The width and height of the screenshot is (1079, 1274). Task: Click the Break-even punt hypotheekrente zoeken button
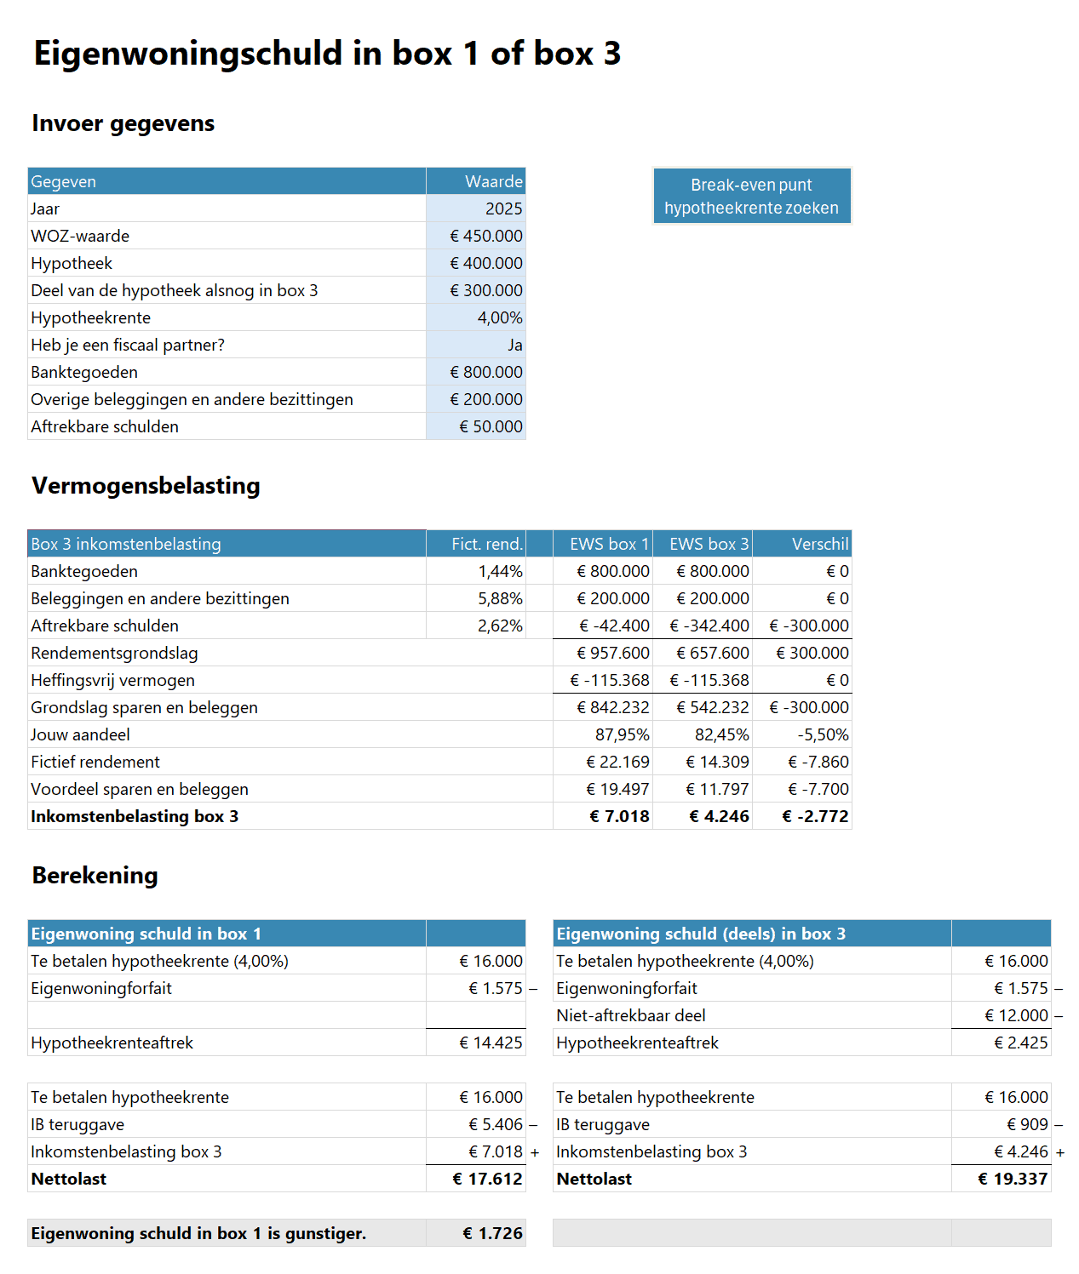(751, 197)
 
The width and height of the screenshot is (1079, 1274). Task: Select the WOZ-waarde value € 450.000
(485, 236)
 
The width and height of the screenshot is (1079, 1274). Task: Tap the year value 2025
(503, 209)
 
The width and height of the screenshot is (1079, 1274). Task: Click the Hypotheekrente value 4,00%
(499, 317)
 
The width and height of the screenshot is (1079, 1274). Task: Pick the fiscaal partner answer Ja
(514, 345)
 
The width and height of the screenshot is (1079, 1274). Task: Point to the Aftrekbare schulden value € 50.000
(491, 426)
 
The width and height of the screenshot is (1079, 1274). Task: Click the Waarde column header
(493, 181)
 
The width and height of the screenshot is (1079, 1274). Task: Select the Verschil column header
(819, 544)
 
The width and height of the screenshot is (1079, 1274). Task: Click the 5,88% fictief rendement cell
(500, 598)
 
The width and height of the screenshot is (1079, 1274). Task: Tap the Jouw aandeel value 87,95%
(622, 734)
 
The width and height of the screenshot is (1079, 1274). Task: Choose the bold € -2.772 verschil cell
(815, 816)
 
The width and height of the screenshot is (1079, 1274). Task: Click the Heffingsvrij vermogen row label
(112, 680)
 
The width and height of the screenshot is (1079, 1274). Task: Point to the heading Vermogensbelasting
(146, 486)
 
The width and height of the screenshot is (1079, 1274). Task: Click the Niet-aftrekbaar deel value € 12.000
(1016, 1015)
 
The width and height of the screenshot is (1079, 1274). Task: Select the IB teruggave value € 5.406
(496, 1124)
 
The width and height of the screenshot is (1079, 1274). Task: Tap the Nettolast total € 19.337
(1013, 1179)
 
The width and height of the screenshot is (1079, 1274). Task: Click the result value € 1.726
(492, 1233)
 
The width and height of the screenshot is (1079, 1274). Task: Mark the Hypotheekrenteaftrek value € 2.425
(1020, 1043)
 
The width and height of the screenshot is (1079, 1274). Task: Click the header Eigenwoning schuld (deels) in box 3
(700, 934)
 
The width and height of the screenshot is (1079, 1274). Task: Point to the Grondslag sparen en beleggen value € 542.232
(712, 707)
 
